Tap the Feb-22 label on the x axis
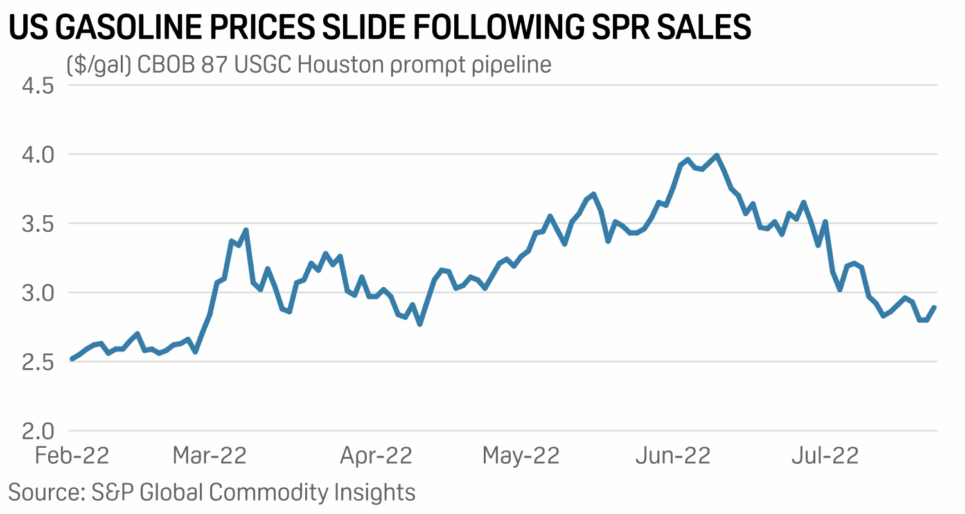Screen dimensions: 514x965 pyautogui.click(x=72, y=456)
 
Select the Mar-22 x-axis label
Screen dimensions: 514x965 pyautogui.click(x=209, y=456)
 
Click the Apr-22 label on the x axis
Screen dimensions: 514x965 pyautogui.click(x=376, y=456)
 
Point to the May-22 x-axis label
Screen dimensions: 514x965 pyautogui.click(x=521, y=456)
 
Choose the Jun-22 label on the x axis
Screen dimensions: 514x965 pyautogui.click(x=673, y=456)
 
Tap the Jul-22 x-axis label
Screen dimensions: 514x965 pyautogui.click(x=825, y=456)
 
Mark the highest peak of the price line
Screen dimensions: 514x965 pyautogui.click(x=716, y=155)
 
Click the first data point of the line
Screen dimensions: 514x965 pyautogui.click(x=72, y=359)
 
